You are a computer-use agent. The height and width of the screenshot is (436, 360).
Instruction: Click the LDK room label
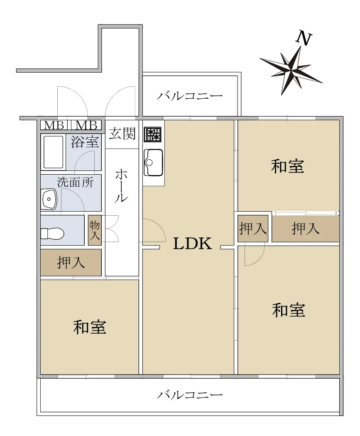(x=192, y=243)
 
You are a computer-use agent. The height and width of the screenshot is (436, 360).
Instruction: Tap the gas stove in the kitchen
(x=152, y=134)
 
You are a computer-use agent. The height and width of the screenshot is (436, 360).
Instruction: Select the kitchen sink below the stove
(x=153, y=163)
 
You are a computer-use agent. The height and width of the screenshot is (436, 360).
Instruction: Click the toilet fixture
(x=53, y=233)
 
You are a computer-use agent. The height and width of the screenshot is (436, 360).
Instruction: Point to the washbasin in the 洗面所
(x=49, y=199)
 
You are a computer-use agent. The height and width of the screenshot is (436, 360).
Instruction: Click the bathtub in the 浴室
(x=53, y=152)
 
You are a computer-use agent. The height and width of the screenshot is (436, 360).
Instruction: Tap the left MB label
(x=54, y=125)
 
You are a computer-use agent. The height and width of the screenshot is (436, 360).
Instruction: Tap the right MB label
(x=86, y=125)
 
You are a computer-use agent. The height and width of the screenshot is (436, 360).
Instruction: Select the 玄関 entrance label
(x=122, y=134)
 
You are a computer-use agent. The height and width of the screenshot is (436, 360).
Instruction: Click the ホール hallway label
(x=122, y=185)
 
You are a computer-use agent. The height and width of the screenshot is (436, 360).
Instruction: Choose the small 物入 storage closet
(x=95, y=230)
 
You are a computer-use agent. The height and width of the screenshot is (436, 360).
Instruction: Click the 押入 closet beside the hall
(x=71, y=263)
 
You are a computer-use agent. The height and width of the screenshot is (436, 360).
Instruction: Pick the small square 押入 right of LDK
(x=253, y=228)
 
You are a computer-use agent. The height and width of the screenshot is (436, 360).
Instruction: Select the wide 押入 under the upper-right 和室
(x=306, y=229)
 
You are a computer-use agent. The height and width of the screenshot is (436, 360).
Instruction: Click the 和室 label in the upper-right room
(x=288, y=166)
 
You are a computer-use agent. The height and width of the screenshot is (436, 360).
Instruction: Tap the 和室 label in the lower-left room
(x=90, y=327)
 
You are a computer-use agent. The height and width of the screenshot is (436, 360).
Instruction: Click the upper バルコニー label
(x=190, y=96)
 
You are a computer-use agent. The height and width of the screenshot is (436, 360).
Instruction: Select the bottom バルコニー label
(x=190, y=395)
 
